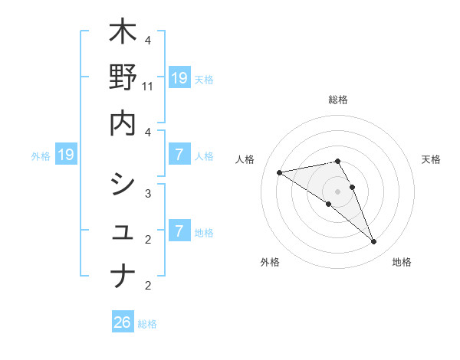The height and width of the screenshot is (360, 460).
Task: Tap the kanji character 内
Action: tap(123, 123)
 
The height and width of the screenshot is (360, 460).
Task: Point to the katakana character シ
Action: tap(123, 184)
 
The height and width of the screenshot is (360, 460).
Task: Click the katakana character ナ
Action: tap(123, 275)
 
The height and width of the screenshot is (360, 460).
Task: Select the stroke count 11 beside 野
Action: tap(148, 87)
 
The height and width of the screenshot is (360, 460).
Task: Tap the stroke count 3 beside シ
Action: tap(148, 193)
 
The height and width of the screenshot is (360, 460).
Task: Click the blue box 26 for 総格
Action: tap(123, 322)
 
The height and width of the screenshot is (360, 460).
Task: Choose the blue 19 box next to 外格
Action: tap(66, 155)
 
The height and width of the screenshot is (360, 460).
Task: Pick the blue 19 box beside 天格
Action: tap(179, 77)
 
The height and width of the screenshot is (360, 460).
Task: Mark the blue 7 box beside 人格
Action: tap(179, 155)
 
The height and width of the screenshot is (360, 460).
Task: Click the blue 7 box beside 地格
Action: tap(179, 231)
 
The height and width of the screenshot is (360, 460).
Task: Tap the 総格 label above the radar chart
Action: tap(337, 100)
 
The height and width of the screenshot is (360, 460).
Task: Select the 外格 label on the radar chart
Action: tap(269, 262)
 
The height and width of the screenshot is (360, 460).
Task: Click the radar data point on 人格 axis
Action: tap(280, 172)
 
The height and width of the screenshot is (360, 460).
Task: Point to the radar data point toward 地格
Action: tap(374, 242)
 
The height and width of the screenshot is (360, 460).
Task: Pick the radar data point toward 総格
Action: tap(337, 161)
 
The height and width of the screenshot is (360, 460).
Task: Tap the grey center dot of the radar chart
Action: tap(337, 191)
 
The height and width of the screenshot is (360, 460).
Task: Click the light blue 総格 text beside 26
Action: tap(147, 324)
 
